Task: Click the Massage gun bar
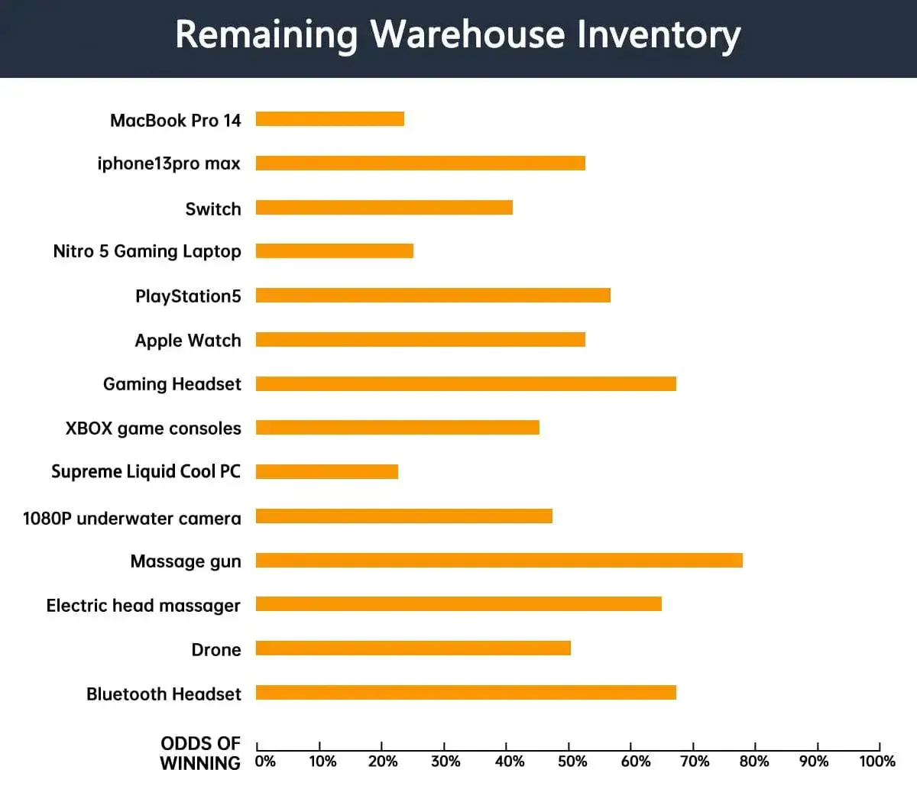[x=499, y=561]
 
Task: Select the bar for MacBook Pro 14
[x=330, y=119]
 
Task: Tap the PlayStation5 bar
[x=433, y=296]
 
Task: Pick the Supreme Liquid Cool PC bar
[x=327, y=472]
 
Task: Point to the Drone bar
[x=413, y=648]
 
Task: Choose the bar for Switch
[x=384, y=208]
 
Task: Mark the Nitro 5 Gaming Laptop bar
[x=335, y=251]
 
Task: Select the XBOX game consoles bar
[x=397, y=428]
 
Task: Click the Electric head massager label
[x=144, y=606]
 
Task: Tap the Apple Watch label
[x=188, y=341]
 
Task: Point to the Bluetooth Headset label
[x=164, y=694]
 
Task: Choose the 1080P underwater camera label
[x=132, y=519]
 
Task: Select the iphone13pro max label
[x=169, y=163]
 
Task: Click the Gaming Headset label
[x=172, y=384]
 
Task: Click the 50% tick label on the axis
[x=572, y=762]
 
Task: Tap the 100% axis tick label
[x=877, y=762]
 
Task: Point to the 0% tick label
[x=265, y=762]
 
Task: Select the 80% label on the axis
[x=754, y=762]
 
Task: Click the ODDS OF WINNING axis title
[x=200, y=753]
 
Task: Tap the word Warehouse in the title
[x=468, y=35]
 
